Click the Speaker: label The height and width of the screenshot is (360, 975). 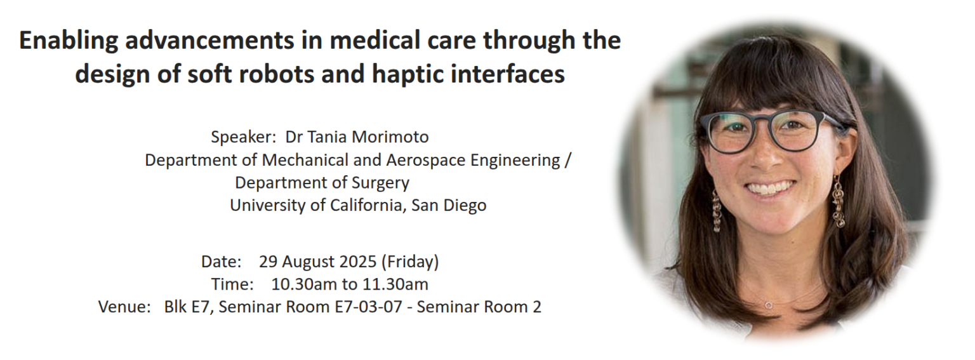coord(244,138)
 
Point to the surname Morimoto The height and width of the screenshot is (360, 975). coord(390,137)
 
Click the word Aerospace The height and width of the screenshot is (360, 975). coord(426,161)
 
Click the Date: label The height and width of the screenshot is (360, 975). coord(221,262)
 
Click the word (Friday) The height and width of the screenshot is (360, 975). coord(410,262)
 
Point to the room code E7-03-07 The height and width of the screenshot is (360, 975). coord(368,307)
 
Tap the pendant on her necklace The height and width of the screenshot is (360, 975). coord(769,305)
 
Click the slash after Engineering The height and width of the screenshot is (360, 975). coord(567,161)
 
